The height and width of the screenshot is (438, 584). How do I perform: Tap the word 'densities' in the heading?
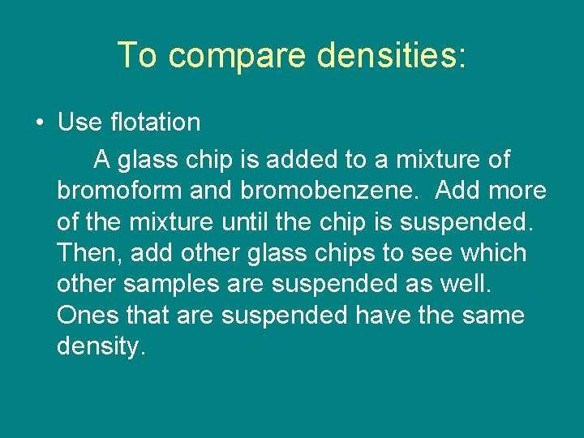(x=387, y=56)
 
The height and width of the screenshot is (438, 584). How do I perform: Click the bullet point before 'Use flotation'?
(x=40, y=123)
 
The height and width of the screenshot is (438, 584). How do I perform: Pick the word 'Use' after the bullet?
(x=79, y=122)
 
